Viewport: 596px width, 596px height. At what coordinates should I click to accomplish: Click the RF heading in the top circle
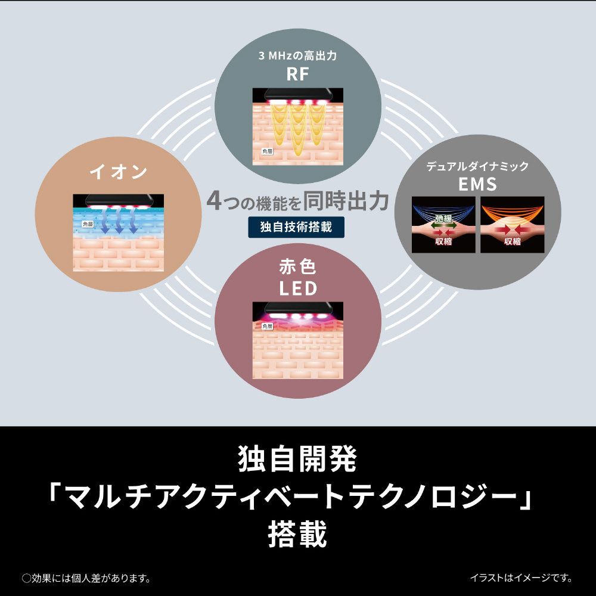(x=297, y=74)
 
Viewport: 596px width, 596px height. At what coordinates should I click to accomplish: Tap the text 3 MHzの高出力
(x=297, y=56)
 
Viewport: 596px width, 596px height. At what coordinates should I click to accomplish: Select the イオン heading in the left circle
(x=118, y=172)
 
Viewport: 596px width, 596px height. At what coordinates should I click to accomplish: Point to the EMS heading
(x=477, y=184)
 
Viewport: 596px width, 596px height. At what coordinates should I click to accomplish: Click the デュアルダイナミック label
(x=477, y=166)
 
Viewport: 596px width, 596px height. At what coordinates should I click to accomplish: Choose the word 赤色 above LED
(x=297, y=266)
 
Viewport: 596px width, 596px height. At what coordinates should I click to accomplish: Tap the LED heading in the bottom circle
(x=298, y=288)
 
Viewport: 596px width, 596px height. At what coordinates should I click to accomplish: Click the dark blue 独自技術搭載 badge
(x=296, y=227)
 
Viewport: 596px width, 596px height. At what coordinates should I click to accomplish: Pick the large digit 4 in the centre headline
(x=214, y=201)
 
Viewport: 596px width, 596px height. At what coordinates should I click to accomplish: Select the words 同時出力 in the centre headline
(x=346, y=201)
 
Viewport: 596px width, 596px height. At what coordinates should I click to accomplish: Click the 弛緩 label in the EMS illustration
(x=443, y=218)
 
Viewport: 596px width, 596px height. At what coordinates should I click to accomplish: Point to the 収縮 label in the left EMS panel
(x=443, y=241)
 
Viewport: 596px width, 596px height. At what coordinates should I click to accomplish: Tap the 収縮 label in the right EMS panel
(x=512, y=241)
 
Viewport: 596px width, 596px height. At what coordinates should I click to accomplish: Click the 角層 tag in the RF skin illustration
(x=267, y=151)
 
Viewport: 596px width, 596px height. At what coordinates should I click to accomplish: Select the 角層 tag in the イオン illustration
(x=88, y=224)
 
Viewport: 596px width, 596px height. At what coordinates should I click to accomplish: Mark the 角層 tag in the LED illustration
(x=267, y=326)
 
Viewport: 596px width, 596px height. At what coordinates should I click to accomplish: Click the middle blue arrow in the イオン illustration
(x=119, y=221)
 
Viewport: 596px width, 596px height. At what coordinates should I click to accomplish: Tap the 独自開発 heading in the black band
(x=297, y=459)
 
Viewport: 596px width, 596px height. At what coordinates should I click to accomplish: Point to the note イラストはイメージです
(x=521, y=578)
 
